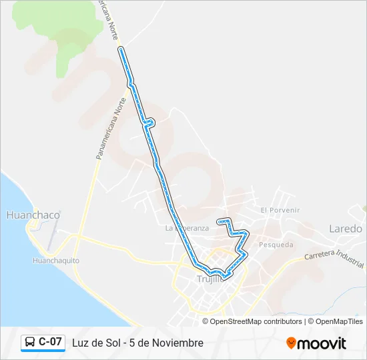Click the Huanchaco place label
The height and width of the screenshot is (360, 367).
pos(33,215)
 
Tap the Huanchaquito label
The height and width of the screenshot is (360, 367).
pos(56,260)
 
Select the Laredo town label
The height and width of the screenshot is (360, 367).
pos(346,229)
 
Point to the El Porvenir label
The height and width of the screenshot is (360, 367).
pos(280,210)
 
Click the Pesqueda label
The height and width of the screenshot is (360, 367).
pos(276,245)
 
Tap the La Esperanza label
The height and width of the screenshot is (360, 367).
pos(187,228)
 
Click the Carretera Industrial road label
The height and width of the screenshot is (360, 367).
pos(333,256)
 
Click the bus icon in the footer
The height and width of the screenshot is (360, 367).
pos(30,343)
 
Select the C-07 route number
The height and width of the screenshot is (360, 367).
pos(51,342)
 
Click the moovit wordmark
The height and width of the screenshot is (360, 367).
pos(322,343)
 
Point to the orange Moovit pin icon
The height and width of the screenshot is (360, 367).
pos(291,343)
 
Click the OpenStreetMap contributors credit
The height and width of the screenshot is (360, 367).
pos(256,321)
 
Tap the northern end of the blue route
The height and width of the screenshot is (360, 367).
pos(121,49)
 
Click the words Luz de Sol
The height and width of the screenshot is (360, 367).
pos(92,343)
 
